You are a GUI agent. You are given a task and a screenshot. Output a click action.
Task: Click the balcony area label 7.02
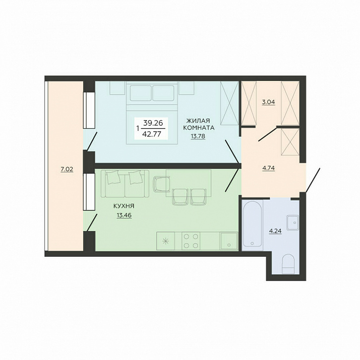[67, 170]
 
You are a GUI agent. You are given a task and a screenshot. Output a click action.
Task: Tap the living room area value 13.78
[198, 137]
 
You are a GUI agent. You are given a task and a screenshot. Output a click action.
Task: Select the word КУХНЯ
[124, 206]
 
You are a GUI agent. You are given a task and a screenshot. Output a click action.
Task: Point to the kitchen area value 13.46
[124, 216]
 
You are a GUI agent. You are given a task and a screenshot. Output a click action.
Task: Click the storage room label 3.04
[268, 102]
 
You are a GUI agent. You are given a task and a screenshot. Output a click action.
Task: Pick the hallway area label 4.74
[268, 168]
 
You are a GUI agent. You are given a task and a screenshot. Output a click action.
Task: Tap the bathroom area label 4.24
[275, 231]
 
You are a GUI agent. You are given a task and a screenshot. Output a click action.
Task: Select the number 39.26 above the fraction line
[153, 123]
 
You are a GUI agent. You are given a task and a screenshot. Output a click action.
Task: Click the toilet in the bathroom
[288, 264]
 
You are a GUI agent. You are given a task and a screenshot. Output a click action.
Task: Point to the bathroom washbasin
[292, 222]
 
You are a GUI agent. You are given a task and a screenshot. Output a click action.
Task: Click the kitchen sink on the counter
[229, 241]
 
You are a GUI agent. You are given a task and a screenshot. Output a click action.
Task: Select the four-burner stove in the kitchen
[191, 241]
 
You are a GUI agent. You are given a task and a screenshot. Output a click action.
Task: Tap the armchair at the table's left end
[161, 184]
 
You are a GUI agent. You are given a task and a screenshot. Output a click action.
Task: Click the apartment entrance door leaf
[313, 180]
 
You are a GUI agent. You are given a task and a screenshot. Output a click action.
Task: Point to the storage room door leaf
[268, 134]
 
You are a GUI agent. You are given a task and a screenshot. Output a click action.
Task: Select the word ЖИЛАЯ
[198, 121]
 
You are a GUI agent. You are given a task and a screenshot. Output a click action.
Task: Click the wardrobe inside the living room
[229, 103]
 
